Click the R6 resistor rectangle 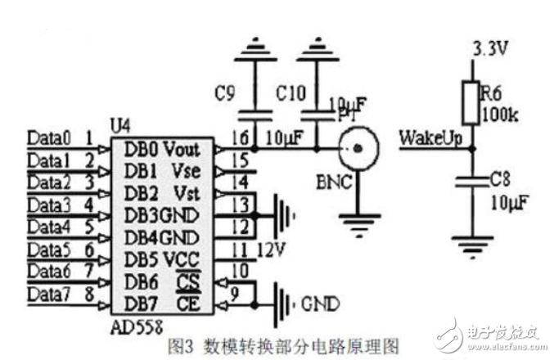point(470,100)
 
